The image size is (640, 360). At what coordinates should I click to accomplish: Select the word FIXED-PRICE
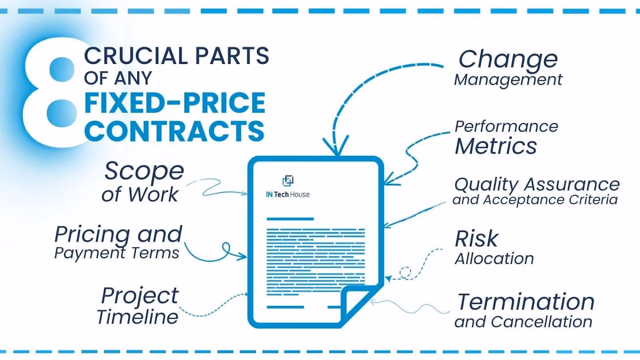point(175,103)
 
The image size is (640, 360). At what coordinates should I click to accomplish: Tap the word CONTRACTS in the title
point(174,131)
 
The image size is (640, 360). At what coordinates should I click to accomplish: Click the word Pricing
point(92,234)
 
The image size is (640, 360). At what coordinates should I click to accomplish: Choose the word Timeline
point(138,317)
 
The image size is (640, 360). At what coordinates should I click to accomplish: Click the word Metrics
point(496,146)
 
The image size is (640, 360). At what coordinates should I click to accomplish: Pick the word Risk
point(476,239)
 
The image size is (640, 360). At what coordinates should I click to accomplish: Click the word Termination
point(526,302)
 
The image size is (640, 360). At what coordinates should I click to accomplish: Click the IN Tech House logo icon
point(288,181)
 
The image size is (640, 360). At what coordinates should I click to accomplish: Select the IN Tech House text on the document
point(288,195)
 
